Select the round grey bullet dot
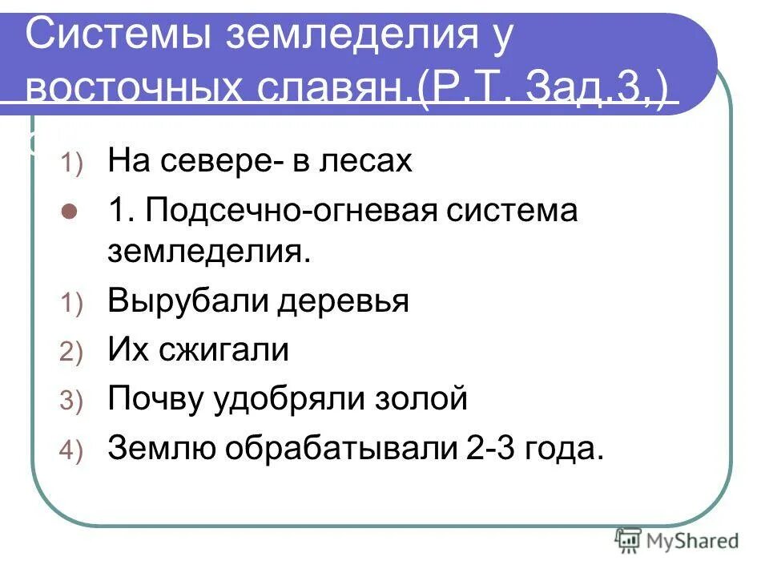[70, 213]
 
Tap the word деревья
[344, 302]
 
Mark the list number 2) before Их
[70, 353]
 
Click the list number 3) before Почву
[70, 401]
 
